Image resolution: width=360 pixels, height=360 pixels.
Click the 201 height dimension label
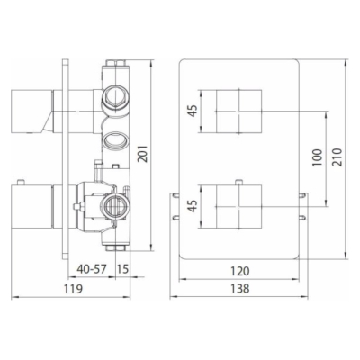tap(144, 154)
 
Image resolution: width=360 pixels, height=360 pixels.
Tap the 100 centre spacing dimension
tap(317, 157)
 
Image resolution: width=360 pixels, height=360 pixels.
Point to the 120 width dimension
tap(240, 271)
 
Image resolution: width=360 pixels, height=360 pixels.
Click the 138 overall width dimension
tap(240, 289)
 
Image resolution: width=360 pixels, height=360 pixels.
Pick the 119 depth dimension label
tap(73, 289)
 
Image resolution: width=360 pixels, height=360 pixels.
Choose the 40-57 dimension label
tap(92, 269)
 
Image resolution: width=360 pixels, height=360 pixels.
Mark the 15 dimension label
tap(122, 269)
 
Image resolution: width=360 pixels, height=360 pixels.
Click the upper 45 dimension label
tap(193, 112)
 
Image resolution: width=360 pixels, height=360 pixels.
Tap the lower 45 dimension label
tap(193, 206)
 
